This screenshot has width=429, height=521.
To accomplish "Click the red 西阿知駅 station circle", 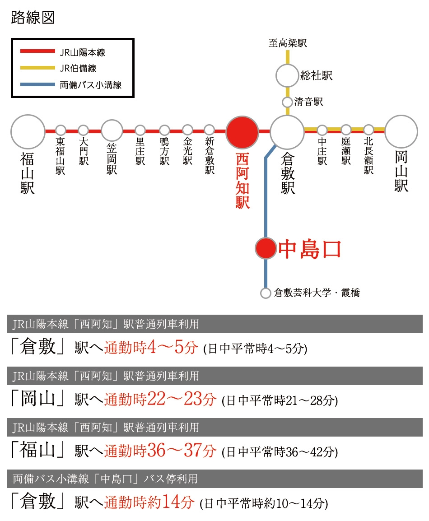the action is coord(242,132).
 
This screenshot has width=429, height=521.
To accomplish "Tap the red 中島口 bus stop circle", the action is coord(266,248).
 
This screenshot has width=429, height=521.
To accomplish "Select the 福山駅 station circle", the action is coord(28,132).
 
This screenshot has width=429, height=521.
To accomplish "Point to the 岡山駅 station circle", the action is coord(401,132).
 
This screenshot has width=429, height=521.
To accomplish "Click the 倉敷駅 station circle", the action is coord(287,132).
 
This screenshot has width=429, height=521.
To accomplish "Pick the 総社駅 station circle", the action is coord(287,76).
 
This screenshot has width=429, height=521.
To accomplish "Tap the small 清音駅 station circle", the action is coord(287,102).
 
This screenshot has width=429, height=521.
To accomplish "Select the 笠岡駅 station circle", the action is coord(112,130).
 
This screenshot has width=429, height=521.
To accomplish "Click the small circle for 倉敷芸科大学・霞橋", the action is coord(266,293).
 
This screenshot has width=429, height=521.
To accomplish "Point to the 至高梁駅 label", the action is coord(288,43).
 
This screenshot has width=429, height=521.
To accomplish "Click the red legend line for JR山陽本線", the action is coord(37,51).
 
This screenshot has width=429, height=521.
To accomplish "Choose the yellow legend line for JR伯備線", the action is coord(37,68).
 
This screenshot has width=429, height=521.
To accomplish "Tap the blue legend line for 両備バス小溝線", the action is coord(37,84).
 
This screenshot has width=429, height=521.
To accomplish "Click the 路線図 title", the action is coord(33,17).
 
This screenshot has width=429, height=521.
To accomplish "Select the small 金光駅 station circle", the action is coord(188,130).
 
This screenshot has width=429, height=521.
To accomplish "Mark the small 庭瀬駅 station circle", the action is coord(346,130).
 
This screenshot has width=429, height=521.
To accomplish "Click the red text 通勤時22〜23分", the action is coord(160,399).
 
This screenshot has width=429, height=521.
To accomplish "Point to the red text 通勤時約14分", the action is coord(149,502).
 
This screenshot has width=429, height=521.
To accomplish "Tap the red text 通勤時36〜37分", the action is coord(160,450).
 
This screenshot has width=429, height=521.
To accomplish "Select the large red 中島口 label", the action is coord(310,249).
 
